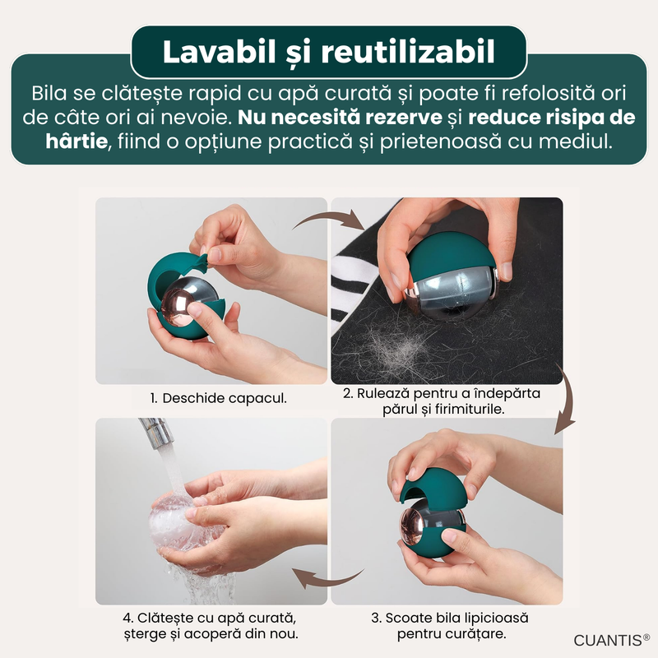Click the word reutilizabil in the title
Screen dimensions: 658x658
tap(408, 52)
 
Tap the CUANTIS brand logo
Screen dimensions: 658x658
tap(611, 641)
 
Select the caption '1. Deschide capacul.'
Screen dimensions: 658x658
tap(219, 398)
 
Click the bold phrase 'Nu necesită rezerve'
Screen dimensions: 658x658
tap(340, 118)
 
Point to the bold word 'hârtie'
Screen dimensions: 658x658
tap(76, 141)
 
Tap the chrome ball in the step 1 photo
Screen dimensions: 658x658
tap(188, 300)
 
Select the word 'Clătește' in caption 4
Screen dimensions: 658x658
tap(162, 619)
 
